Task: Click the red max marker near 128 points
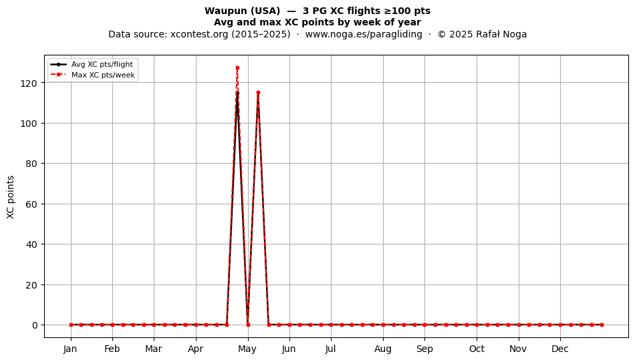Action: [237, 67]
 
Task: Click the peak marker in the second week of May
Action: [258, 93]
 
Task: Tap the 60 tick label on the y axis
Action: [31, 204]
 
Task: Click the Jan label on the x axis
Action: [70, 349]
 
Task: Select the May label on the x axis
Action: [247, 349]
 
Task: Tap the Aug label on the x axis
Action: [383, 349]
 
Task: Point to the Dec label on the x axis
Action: [560, 349]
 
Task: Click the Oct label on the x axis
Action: [477, 349]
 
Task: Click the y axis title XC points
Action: [11, 197]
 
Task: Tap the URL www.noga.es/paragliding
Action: [364, 34]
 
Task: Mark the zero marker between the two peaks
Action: [248, 325]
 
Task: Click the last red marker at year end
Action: [602, 325]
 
